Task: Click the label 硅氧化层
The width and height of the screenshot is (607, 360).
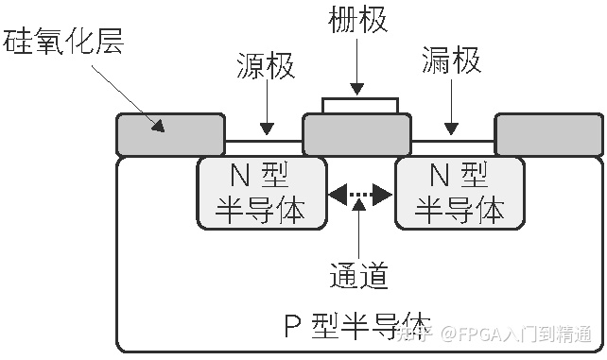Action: pos(64,41)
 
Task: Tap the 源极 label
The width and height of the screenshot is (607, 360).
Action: pos(266,67)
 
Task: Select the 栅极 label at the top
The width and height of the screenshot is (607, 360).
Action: pos(358,21)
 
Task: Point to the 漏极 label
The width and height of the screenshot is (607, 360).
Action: pos(452,63)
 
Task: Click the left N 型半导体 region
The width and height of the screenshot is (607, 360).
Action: pos(261,193)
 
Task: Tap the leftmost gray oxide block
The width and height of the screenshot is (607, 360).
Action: pos(170,134)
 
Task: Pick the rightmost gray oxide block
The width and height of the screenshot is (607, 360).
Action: pos(548,134)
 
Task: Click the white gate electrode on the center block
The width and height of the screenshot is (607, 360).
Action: pos(359,104)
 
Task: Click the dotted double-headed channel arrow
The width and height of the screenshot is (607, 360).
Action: pos(360,196)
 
